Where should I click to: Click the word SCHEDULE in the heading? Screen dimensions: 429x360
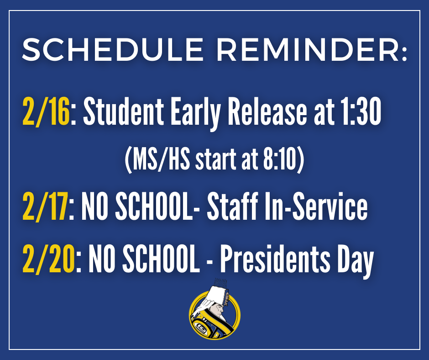[112, 50]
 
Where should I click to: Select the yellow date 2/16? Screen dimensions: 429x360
[46, 111]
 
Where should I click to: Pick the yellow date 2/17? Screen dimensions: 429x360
[45, 206]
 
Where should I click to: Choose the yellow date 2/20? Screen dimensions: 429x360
[48, 258]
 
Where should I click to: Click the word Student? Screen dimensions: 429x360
[124, 111]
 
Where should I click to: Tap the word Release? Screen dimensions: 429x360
[267, 111]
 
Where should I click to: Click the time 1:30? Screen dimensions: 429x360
[361, 111]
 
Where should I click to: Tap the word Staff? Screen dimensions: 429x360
[232, 206]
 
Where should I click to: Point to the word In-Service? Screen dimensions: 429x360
[316, 206]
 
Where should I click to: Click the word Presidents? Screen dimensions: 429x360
[275, 258]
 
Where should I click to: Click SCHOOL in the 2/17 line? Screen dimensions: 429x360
[154, 206]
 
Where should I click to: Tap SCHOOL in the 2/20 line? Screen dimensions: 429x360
[161, 258]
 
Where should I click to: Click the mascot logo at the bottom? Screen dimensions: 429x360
[215, 310]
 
